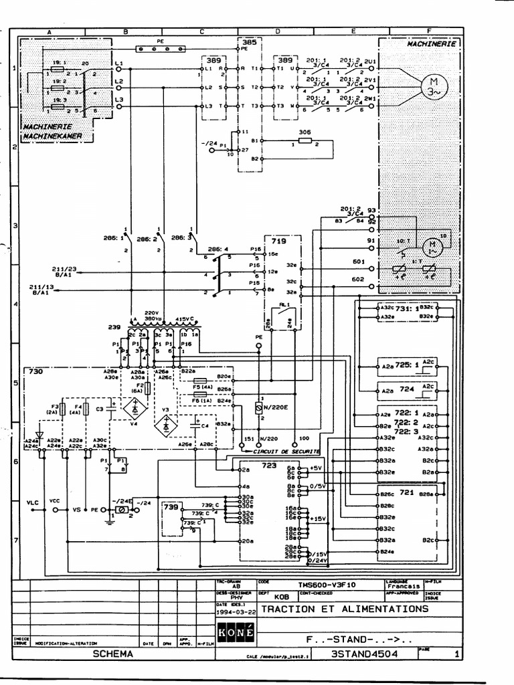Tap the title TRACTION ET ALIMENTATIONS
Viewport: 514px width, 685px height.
click(x=344, y=609)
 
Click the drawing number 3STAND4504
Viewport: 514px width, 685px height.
click(x=364, y=654)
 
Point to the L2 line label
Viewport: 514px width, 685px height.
click(x=119, y=82)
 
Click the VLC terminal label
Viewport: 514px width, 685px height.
click(x=32, y=502)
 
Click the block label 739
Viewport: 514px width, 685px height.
click(x=170, y=507)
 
